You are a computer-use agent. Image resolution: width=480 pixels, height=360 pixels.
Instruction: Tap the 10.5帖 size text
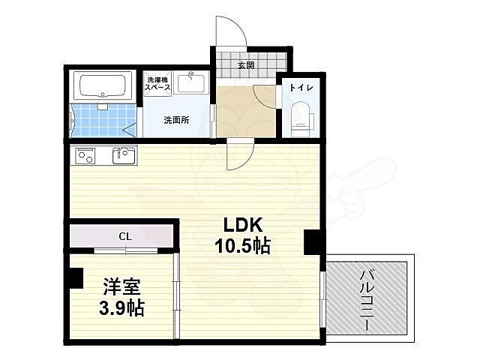click(241, 245)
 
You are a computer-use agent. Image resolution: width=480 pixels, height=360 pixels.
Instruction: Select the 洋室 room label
click(119, 286)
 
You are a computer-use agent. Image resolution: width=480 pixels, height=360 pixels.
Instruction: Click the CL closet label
click(124, 236)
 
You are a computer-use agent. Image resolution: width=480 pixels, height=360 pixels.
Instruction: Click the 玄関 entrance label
click(246, 65)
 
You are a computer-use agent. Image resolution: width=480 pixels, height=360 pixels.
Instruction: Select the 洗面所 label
click(175, 119)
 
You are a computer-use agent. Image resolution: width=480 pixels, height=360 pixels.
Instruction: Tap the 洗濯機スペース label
click(158, 84)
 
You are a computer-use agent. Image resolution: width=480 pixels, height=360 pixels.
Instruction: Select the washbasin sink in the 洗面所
click(193, 82)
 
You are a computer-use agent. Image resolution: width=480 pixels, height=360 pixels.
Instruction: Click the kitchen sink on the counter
click(124, 155)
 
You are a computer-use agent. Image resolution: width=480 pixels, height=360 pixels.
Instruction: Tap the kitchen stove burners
click(84, 156)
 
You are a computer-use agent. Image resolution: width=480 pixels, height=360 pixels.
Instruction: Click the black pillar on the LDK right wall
click(312, 242)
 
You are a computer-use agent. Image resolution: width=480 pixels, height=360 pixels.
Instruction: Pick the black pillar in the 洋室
click(73, 277)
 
